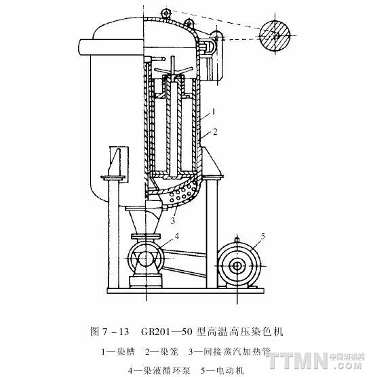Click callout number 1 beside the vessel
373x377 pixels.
click(213, 112)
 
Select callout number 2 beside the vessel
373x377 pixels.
click(215, 132)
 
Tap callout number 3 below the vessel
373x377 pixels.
click(173, 221)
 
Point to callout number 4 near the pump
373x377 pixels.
click(177, 236)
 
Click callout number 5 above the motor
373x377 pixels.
click(263, 236)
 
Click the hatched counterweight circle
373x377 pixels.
click(275, 36)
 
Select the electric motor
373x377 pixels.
click(237, 266)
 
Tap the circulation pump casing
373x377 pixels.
click(146, 259)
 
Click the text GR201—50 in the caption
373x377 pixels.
click(167, 332)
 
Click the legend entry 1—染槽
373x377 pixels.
click(117, 352)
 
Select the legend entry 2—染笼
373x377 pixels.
click(161, 352)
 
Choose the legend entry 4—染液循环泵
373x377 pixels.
click(159, 370)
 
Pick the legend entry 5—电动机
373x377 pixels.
click(222, 370)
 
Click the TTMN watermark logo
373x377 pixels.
click(315, 360)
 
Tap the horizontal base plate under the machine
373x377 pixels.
click(186, 290)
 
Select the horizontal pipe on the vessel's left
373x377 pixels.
click(111, 47)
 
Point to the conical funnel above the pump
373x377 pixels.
click(144, 219)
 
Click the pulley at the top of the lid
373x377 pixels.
click(165, 13)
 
